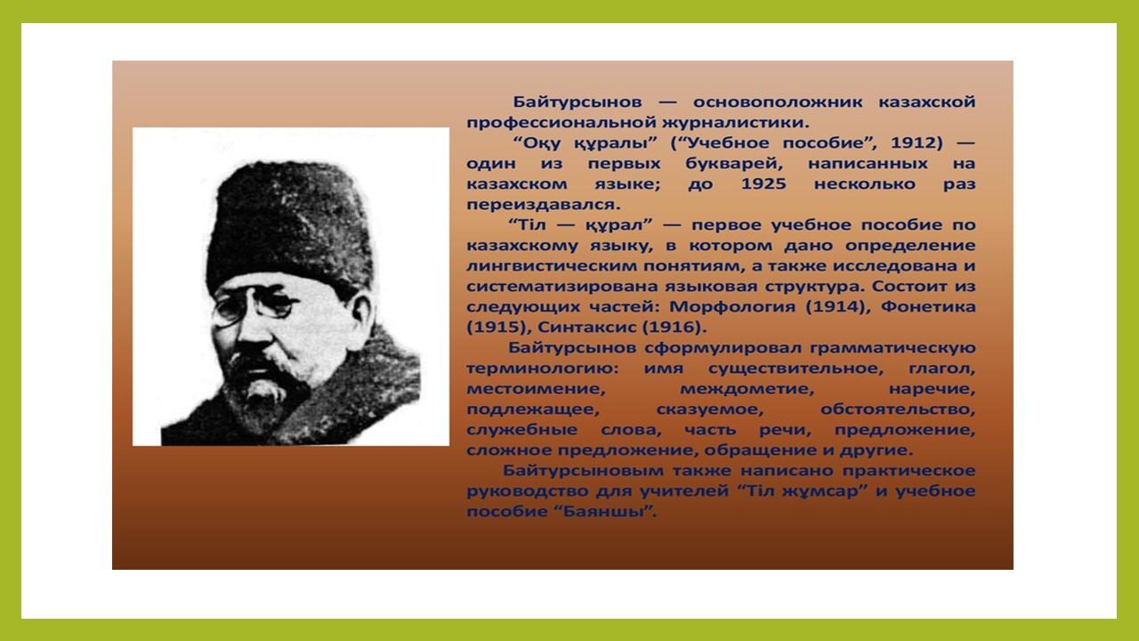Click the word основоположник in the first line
tap(778, 101)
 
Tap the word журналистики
tap(735, 123)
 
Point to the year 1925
tap(763, 183)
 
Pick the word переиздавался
tap(544, 205)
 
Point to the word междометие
tap(747, 389)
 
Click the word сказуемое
tap(710, 410)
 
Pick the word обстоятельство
tap(898, 410)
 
